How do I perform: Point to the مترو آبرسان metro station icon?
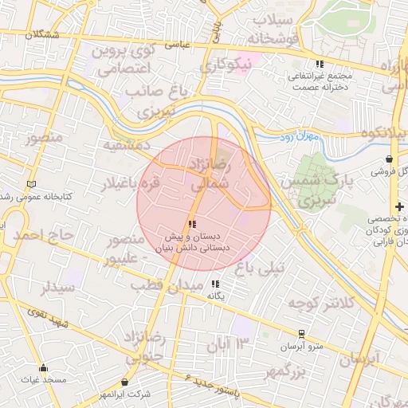301,334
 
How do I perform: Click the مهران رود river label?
300,138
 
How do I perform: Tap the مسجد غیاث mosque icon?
44,368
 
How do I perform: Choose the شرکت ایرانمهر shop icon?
125,382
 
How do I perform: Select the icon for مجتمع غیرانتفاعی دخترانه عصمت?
320,64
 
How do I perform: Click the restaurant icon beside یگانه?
214,283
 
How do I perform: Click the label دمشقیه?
126,146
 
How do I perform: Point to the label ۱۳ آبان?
233,343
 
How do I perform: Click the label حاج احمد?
44,235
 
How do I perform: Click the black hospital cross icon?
398,206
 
